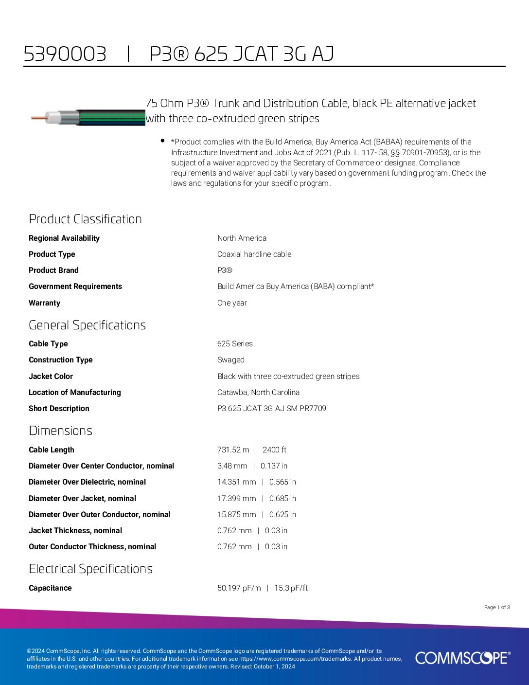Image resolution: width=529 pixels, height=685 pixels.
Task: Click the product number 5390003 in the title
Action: [x=65, y=54]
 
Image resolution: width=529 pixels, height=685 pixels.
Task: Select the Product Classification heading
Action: [x=85, y=219]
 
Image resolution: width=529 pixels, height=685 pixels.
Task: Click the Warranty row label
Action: [x=44, y=303]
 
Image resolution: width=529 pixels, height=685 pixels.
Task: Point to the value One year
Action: [x=232, y=303]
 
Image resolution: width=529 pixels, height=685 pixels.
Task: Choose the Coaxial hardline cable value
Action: [x=254, y=254]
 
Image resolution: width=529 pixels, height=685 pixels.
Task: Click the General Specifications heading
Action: [x=87, y=325]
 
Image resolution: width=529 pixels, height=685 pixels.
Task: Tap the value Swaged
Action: [x=230, y=360]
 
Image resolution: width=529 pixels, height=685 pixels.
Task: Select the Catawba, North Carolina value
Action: [x=258, y=392]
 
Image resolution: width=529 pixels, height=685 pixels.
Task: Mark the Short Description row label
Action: [x=59, y=408]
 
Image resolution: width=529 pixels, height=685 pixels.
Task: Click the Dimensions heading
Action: [x=60, y=431]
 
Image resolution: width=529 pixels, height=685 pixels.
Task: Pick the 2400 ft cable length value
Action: [x=274, y=450]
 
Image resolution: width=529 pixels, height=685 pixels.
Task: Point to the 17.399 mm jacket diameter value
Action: [x=236, y=498]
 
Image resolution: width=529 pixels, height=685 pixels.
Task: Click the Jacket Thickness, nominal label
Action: [x=75, y=530]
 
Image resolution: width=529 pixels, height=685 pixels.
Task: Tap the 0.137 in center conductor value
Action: [x=274, y=466]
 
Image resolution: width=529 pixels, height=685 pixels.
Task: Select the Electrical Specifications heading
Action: [x=90, y=569]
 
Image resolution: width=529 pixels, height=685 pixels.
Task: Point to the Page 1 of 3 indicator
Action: [x=497, y=607]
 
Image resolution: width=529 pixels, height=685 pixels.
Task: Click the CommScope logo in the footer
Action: [x=462, y=658]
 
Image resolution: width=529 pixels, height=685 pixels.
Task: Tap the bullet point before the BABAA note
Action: [x=162, y=141]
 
